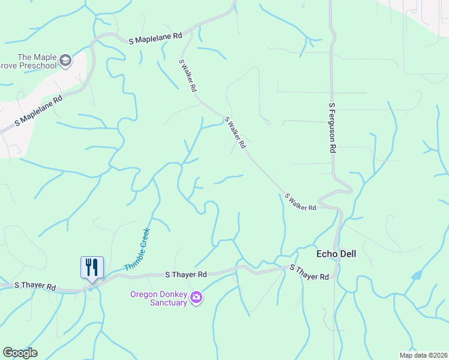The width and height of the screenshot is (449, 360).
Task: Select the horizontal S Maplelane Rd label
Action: tap(155, 37)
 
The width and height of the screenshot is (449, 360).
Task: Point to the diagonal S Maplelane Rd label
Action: tap(38, 112)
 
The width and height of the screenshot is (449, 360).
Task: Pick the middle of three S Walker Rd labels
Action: tap(235, 133)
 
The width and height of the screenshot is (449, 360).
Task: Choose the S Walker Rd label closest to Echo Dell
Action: tap(300, 202)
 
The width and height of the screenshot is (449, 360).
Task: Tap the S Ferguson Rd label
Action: tap(331, 127)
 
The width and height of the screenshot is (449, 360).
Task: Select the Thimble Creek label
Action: tap(137, 249)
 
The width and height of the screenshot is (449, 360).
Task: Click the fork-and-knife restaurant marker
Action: tap(92, 266)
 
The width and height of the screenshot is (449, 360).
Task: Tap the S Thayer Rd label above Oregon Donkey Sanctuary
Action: tap(186, 274)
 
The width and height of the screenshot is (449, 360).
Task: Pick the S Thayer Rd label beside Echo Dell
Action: tap(310, 272)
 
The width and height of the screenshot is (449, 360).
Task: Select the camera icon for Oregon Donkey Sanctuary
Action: tap(196, 297)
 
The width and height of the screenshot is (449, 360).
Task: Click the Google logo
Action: tap(20, 353)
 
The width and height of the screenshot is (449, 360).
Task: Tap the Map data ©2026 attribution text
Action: tap(423, 355)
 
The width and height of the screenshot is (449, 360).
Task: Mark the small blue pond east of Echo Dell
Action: tap(417, 275)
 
